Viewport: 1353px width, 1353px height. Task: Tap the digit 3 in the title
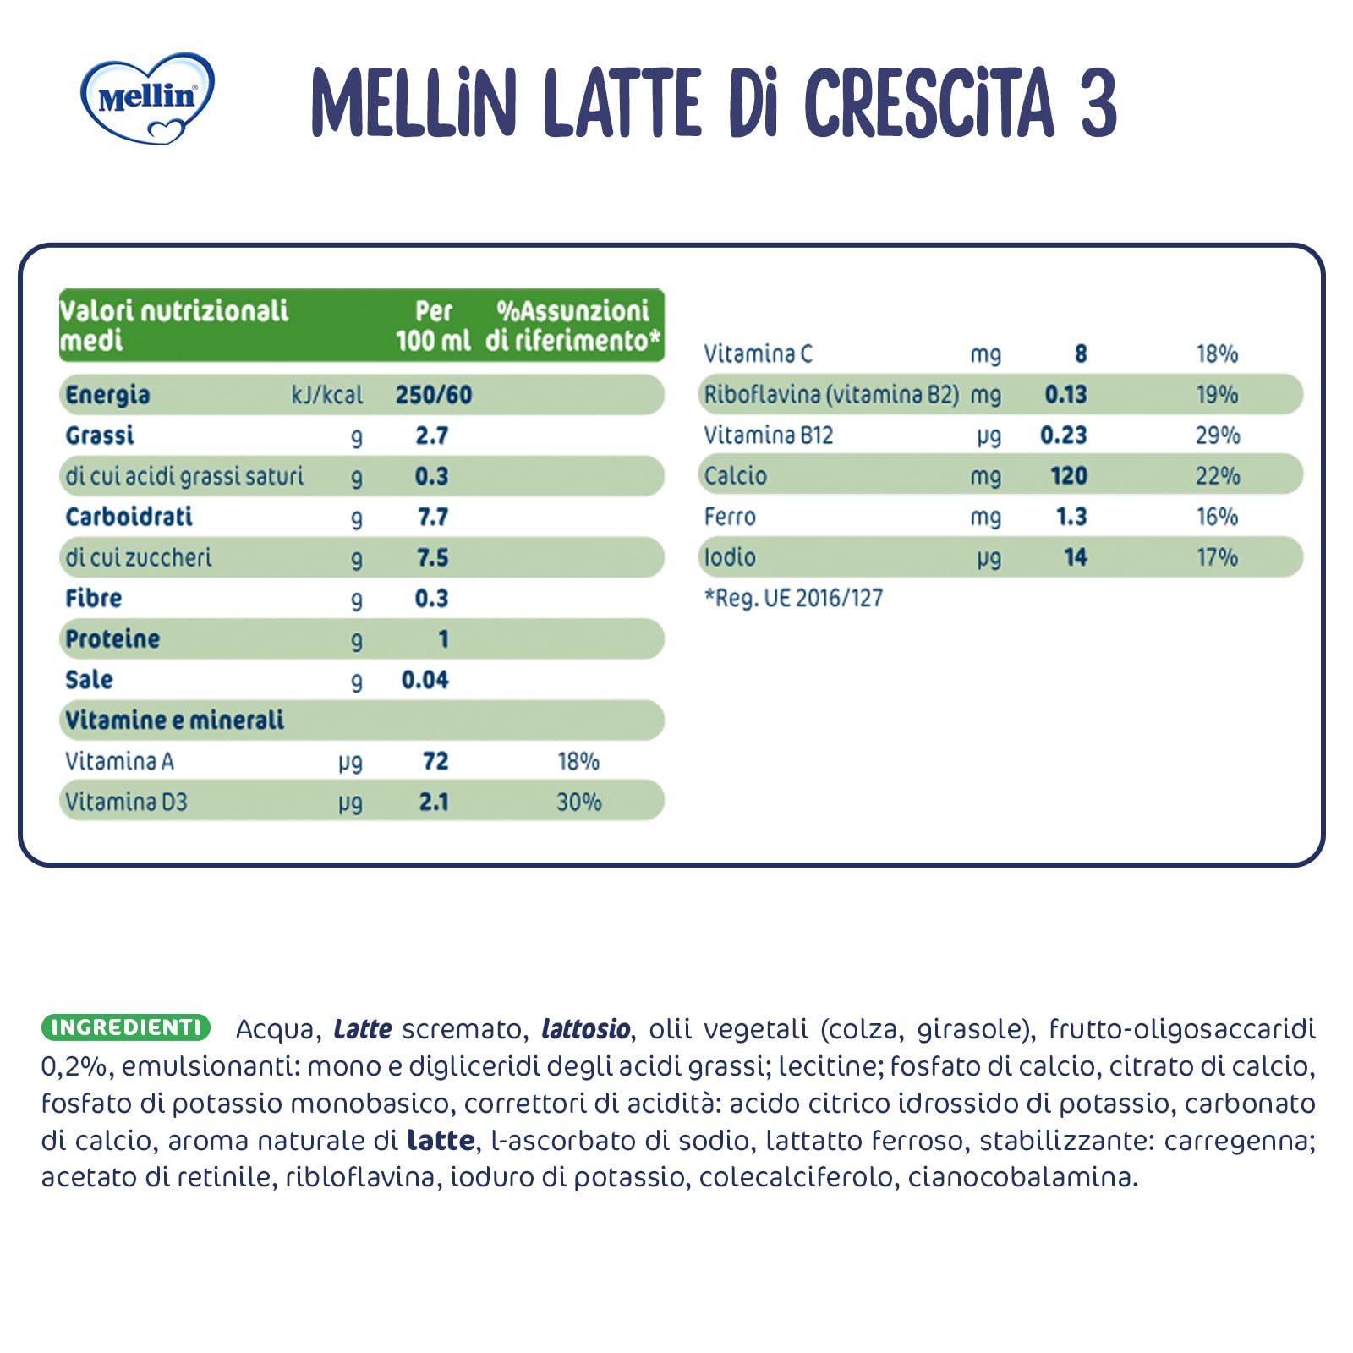click(1098, 103)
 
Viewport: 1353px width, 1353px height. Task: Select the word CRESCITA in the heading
click(928, 103)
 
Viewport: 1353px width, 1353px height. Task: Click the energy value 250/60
click(433, 395)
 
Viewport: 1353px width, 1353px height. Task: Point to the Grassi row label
click(100, 435)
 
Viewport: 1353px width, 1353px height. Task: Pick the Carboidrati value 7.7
click(432, 517)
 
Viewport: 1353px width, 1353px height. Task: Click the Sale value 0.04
click(425, 680)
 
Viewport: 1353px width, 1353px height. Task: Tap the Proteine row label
click(112, 639)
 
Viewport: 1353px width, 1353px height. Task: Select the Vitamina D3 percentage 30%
click(578, 802)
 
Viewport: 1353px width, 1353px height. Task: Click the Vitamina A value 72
click(435, 761)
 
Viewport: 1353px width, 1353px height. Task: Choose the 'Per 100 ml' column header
click(433, 326)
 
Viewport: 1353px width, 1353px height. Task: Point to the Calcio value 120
click(1068, 476)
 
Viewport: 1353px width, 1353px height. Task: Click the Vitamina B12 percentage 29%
click(1217, 435)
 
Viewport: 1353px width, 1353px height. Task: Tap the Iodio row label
click(730, 557)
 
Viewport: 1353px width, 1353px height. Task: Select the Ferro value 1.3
click(1071, 517)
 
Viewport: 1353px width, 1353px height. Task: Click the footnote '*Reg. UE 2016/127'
click(793, 599)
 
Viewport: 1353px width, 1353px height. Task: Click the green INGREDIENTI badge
click(125, 1027)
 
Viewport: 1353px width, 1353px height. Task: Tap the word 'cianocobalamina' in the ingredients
click(1022, 1177)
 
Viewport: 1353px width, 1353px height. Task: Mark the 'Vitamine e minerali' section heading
click(174, 720)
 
